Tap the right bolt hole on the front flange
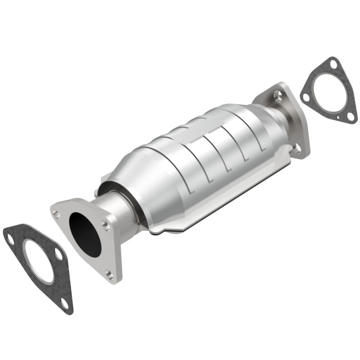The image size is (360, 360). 105,224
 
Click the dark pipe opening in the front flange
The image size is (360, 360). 86,234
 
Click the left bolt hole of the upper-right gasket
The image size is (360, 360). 306,97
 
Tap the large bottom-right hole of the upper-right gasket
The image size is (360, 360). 350,116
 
